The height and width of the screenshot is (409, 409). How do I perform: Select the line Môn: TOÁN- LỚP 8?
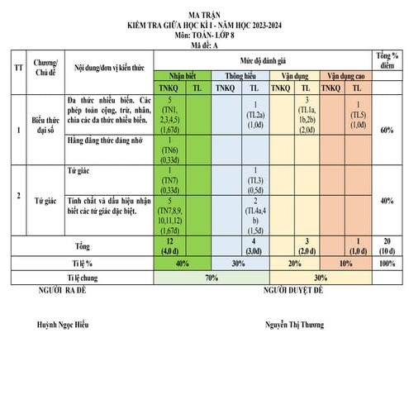point(205,37)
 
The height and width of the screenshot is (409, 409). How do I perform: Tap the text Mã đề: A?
point(205,47)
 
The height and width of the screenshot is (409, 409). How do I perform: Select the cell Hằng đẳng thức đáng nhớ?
point(107,143)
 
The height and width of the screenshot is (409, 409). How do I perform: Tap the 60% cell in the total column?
point(386,130)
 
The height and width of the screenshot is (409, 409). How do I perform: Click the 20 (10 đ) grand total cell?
point(386,245)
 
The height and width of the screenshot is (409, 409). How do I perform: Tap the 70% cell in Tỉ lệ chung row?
point(212,278)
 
